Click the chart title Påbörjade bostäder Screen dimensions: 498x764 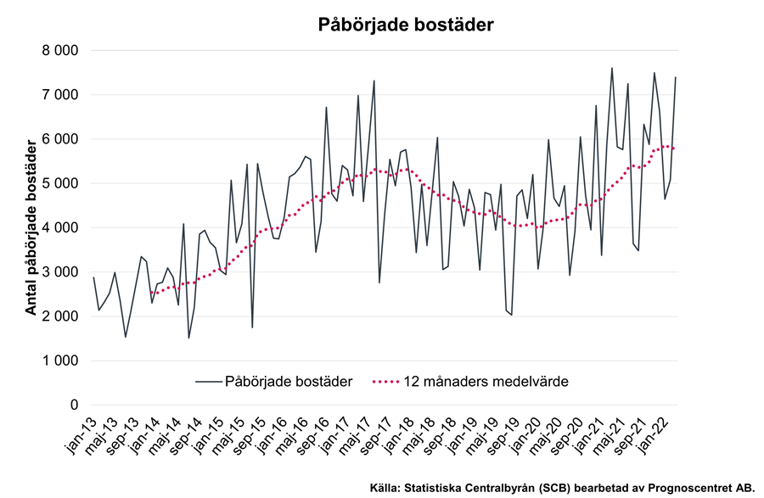[406, 25]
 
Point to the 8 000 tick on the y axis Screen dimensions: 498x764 [59, 51]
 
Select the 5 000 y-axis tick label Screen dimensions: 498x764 [59, 183]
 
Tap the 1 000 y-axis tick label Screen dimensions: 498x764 [59, 361]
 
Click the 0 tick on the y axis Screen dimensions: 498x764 [74, 405]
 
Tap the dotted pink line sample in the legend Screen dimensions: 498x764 [395, 382]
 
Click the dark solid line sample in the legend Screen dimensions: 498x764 [207, 382]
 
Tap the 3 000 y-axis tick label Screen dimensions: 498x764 [59, 272]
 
